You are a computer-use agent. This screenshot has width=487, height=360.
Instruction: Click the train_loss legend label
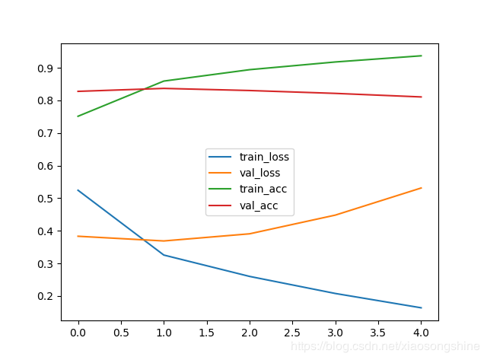point(264,157)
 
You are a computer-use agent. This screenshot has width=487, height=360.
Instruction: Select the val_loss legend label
point(260,173)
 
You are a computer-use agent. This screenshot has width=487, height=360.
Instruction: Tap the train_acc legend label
point(263,188)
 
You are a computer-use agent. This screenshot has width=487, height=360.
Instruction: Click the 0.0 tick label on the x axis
point(78,333)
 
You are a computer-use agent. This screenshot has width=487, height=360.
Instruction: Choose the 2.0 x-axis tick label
point(250,333)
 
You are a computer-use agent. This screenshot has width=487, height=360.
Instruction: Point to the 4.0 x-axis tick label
point(422,333)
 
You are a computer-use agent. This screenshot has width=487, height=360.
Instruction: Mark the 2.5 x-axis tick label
point(293,333)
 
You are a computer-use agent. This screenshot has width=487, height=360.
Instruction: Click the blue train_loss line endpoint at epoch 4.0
point(422,307)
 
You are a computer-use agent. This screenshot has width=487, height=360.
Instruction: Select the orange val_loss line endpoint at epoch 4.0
point(422,188)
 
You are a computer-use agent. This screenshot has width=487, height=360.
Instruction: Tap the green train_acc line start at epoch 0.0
point(78,116)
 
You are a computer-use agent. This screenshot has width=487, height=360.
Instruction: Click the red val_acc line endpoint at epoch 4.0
point(422,97)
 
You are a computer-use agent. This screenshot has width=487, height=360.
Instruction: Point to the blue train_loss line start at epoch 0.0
point(78,190)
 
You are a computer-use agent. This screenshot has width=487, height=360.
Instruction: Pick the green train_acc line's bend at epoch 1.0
point(164,81)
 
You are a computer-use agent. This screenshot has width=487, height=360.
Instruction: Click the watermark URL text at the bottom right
point(387,347)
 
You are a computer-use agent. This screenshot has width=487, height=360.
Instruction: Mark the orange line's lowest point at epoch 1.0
point(164,241)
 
